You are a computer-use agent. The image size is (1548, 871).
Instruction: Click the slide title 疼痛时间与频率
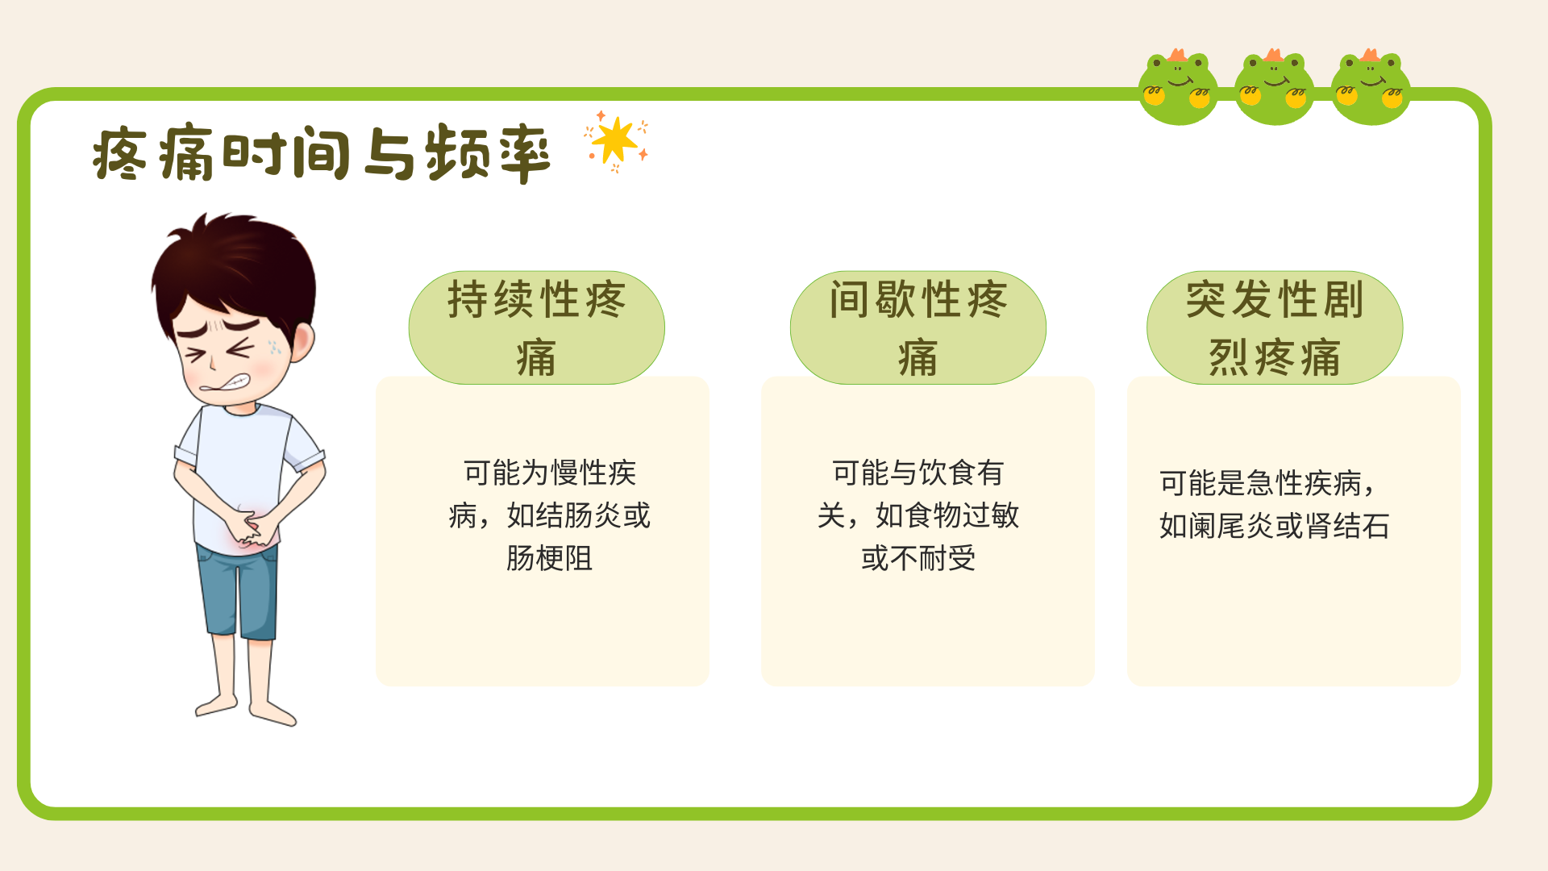[x=321, y=152]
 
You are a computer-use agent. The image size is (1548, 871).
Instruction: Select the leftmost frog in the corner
[x=1178, y=87]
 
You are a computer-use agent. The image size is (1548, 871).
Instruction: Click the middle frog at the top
[x=1274, y=87]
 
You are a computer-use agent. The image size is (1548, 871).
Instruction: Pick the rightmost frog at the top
[x=1371, y=87]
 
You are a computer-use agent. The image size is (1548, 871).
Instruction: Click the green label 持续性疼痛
[x=537, y=327]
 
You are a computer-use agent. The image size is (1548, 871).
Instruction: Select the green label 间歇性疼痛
[x=918, y=327]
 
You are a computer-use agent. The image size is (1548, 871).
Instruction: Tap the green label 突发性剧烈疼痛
[x=1275, y=327]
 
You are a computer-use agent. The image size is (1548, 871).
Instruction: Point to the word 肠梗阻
[x=549, y=558]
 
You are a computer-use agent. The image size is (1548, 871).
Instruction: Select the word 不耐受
[x=933, y=558]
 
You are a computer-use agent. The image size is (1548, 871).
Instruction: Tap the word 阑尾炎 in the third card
[x=1231, y=526]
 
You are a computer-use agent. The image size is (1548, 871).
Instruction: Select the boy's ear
[x=302, y=341]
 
